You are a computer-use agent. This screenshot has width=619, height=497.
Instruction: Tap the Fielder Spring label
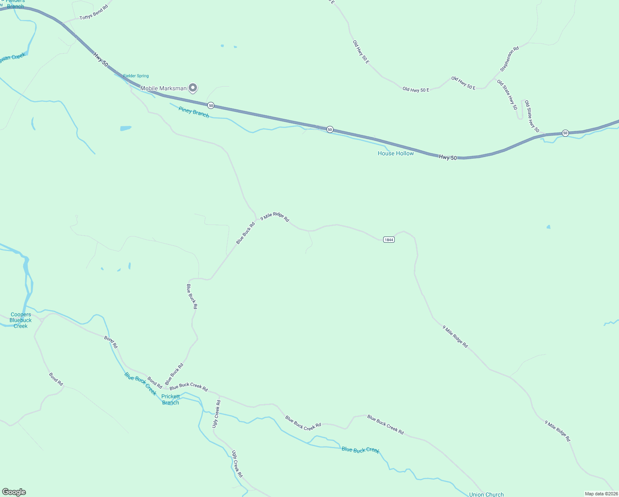(136, 76)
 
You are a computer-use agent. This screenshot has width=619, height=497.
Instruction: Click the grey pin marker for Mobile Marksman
(193, 88)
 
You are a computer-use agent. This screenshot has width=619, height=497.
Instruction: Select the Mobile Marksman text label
(163, 88)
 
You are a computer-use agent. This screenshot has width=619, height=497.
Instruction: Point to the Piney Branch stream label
(194, 112)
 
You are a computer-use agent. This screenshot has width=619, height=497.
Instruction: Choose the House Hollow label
(396, 153)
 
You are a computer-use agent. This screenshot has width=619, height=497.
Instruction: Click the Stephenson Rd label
(509, 59)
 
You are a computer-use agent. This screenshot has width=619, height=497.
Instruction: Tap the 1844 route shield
(389, 240)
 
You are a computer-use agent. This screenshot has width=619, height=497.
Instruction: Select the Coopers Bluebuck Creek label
(20, 320)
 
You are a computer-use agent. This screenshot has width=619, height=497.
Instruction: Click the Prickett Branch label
(170, 399)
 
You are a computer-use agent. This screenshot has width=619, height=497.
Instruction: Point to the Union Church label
(486, 494)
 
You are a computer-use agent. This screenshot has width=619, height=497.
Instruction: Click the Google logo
(14, 492)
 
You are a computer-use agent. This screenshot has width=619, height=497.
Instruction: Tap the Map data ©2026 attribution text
(601, 494)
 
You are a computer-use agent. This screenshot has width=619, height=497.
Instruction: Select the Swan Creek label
(12, 58)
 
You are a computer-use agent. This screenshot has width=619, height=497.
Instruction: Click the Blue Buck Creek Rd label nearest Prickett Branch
(188, 387)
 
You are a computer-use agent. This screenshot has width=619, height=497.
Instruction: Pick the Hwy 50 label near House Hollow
(448, 157)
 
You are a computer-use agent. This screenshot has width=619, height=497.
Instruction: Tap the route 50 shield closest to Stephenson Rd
(565, 133)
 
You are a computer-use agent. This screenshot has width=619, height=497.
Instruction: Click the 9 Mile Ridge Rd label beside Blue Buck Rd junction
(274, 217)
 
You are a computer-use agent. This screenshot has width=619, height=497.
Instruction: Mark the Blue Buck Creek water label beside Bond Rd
(141, 384)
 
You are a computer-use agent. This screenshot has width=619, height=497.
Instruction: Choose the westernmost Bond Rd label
(56, 379)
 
